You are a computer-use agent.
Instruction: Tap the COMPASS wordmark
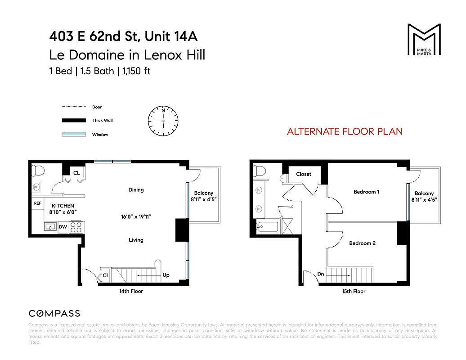(54, 314)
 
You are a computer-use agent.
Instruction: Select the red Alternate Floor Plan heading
(345, 132)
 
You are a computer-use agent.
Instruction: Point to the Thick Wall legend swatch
(73, 121)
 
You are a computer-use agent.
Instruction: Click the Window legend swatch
(73, 134)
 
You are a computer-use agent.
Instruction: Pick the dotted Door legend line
(73, 107)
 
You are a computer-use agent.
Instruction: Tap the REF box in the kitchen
(37, 203)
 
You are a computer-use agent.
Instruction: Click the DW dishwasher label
(63, 227)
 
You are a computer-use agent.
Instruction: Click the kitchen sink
(50, 227)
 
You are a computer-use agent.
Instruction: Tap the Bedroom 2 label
(362, 243)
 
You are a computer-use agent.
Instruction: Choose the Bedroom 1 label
(366, 192)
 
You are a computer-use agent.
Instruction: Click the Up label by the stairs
(166, 275)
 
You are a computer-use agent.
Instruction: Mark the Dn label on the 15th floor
(320, 274)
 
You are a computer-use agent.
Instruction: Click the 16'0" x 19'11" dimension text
(136, 217)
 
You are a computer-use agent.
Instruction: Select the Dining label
(136, 190)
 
